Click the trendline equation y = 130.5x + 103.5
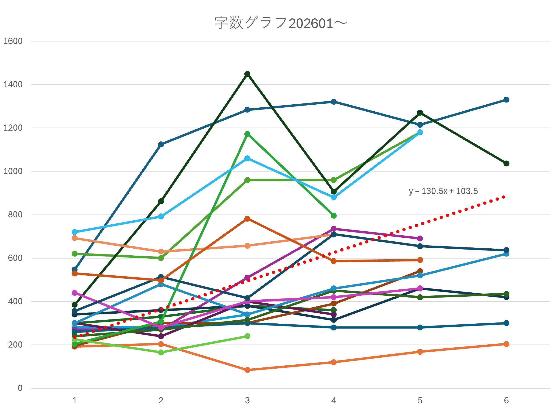click(443, 191)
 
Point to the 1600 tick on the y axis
click(13, 41)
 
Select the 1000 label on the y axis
click(13, 171)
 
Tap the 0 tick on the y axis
click(20, 388)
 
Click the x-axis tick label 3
click(247, 401)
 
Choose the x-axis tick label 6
click(506, 401)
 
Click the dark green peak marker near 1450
click(247, 74)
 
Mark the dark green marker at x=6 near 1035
click(506, 164)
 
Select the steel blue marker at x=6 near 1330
click(506, 100)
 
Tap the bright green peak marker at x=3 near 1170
click(247, 134)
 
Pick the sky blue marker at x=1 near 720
click(75, 232)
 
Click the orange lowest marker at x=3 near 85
click(247, 370)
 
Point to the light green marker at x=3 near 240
click(247, 336)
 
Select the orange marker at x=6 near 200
click(506, 344)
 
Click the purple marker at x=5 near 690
click(420, 238)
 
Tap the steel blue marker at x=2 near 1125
click(161, 144)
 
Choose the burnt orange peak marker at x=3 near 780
click(247, 219)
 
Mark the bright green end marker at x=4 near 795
click(334, 216)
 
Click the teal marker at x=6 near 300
click(506, 323)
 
